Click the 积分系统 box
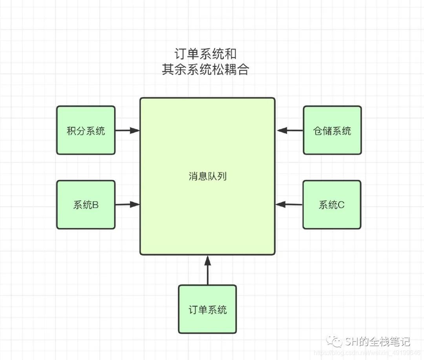point(86,130)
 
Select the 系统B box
point(86,204)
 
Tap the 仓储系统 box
point(332,130)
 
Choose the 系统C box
point(332,204)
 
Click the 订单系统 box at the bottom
point(207,309)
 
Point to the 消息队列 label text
point(207,176)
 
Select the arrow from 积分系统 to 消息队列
point(128,130)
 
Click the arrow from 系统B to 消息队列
point(128,204)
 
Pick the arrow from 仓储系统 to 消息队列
point(290,130)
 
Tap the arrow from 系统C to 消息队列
point(289,204)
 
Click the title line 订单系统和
point(205,54)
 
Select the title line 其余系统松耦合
point(205,70)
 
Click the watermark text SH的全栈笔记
point(378,341)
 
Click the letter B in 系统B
point(95,205)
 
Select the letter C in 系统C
point(341,205)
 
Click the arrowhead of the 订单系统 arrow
point(208,259)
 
